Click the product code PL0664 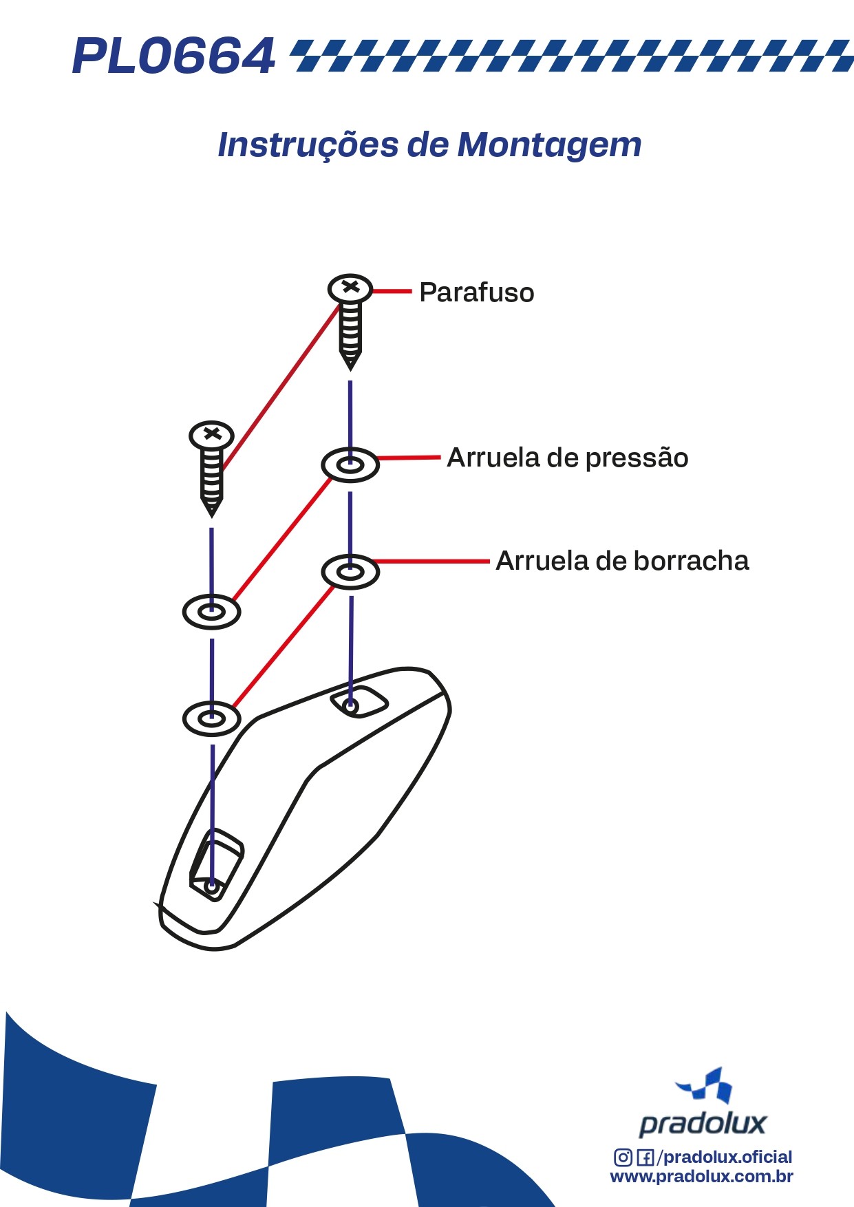(173, 56)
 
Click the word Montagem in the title (549, 145)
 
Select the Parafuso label (476, 292)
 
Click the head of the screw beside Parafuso (350, 288)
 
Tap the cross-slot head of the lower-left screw (212, 435)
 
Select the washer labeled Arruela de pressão (350, 465)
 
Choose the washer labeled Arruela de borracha (350, 572)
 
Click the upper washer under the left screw (212, 611)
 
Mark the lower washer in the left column (212, 718)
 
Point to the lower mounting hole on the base (211, 886)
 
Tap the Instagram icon (623, 1157)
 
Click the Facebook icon (645, 1157)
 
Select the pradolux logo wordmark (702, 1123)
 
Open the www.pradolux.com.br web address (701, 1176)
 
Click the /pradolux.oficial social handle (725, 1157)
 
